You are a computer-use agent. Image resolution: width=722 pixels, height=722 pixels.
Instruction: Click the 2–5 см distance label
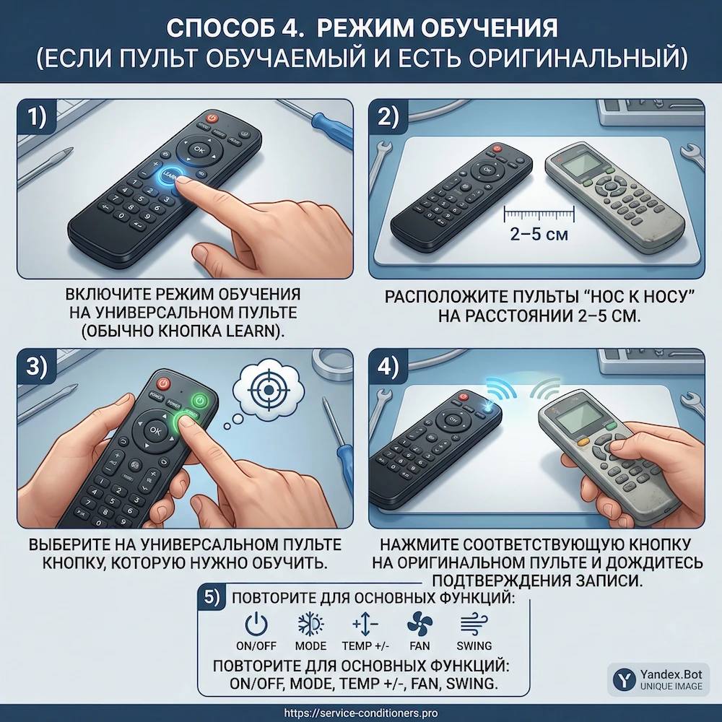[538, 235]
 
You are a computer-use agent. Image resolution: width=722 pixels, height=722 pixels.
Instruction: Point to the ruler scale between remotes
[539, 213]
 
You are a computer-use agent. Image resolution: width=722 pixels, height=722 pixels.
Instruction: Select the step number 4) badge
[388, 366]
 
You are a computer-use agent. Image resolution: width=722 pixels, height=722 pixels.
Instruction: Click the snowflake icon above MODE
[310, 623]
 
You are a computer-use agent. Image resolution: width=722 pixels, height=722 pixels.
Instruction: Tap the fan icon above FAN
[419, 623]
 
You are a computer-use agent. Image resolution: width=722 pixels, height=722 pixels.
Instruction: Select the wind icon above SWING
[474, 623]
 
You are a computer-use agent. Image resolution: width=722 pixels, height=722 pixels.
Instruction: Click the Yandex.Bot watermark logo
[623, 679]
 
